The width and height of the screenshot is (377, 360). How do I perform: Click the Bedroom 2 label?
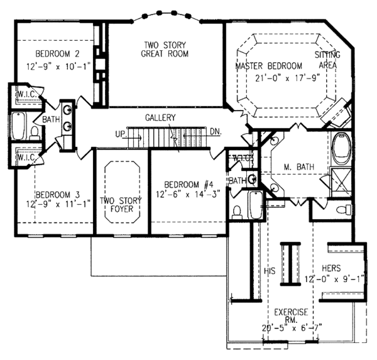tap(57, 53)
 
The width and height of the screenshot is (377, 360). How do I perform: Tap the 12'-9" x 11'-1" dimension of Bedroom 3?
tap(58, 204)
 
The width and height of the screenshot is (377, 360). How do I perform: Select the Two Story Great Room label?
tap(165, 49)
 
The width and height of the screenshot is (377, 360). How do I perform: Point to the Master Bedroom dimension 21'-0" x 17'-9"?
tap(288, 78)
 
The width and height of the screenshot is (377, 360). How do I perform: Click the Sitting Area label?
tap(327, 60)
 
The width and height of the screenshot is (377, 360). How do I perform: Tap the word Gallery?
tap(160, 117)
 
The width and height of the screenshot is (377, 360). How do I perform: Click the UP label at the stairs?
tap(121, 134)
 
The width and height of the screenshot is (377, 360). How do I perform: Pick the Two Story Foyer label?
tap(121, 205)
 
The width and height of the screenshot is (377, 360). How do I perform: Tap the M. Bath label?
tap(299, 166)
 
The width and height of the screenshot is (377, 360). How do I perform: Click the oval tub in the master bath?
tap(341, 149)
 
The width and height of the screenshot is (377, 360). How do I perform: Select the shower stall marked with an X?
tap(341, 182)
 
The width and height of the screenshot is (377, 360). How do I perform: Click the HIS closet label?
tap(270, 271)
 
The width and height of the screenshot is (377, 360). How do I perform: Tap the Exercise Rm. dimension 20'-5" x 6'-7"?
tap(292, 328)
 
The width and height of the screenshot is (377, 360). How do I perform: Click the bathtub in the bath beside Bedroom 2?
tap(18, 126)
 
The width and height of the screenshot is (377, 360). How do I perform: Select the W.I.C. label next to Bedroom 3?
tap(26, 158)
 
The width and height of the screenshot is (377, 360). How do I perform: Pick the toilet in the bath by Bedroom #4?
tap(237, 212)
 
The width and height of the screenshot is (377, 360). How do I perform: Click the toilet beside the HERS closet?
tap(344, 209)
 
